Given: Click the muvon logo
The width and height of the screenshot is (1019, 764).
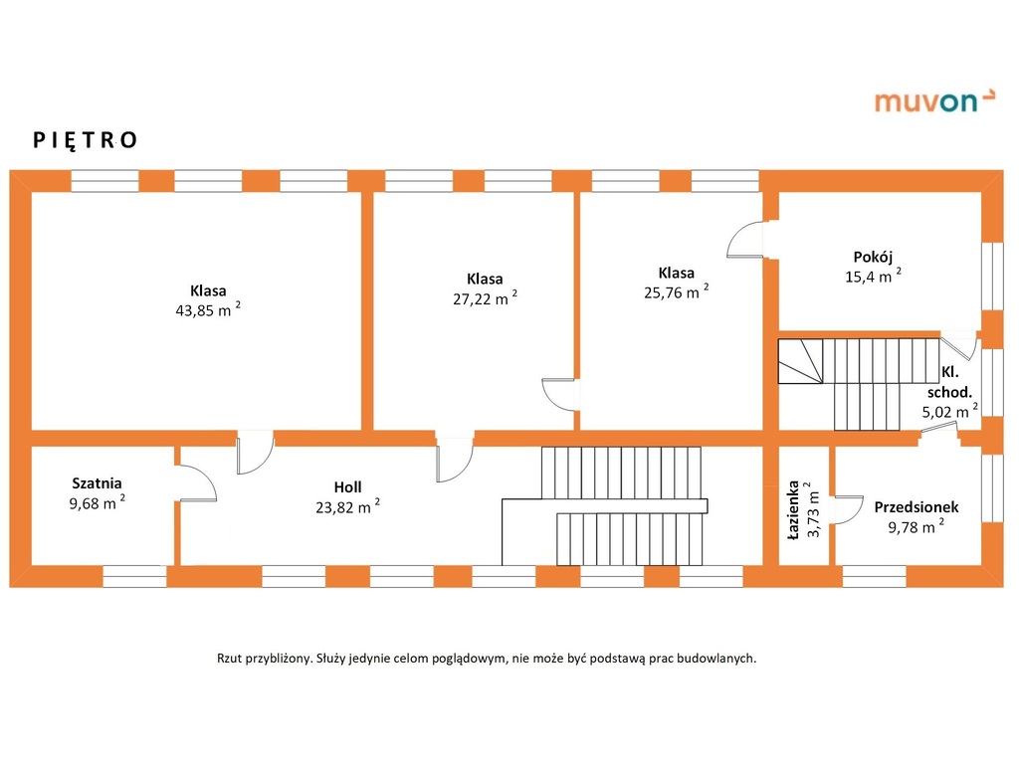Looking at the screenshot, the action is (933, 100).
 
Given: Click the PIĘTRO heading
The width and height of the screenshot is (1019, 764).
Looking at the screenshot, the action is (86, 140).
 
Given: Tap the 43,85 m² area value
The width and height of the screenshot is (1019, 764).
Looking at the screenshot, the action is (208, 309).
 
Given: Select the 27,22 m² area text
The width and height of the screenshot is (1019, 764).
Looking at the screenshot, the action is (485, 297).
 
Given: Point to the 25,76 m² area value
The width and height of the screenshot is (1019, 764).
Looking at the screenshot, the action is (676, 291).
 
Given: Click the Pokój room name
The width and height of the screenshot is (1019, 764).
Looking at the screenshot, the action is (873, 257).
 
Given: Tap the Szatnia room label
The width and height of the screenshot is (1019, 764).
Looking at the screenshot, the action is (97, 483).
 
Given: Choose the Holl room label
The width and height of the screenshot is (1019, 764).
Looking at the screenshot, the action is (347, 487).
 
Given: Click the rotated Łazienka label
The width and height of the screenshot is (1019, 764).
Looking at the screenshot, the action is (793, 510).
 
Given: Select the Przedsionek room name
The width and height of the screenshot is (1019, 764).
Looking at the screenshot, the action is (917, 507).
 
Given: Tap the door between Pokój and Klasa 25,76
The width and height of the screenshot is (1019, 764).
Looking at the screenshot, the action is (746, 240).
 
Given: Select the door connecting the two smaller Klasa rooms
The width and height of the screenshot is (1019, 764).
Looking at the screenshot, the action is (560, 394).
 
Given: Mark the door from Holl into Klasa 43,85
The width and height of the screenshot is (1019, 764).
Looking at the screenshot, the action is (256, 453).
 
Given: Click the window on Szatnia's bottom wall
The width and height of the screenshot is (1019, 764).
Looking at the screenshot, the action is (135, 576).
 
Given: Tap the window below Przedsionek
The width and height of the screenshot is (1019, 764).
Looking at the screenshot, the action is (874, 576).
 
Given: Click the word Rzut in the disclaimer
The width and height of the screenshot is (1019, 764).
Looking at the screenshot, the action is (230, 659).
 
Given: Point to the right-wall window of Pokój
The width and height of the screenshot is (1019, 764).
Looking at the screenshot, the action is (992, 277).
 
